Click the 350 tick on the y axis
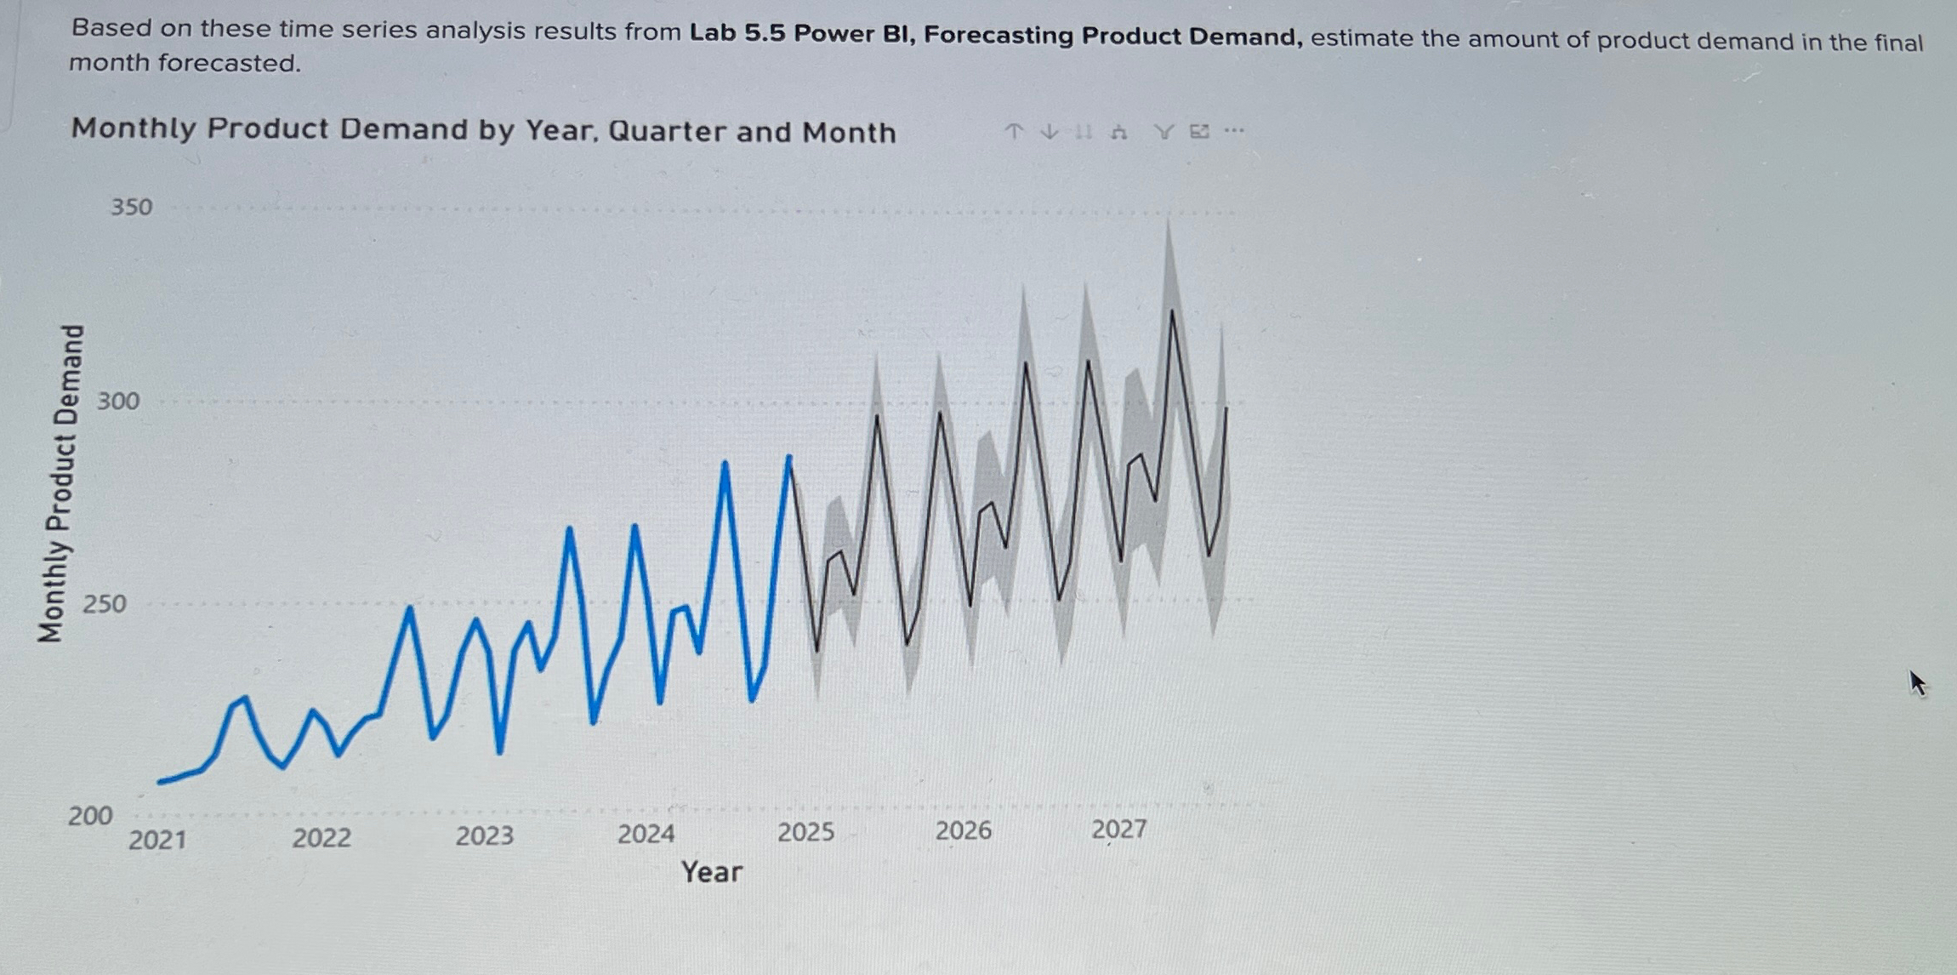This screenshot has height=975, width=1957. click(131, 207)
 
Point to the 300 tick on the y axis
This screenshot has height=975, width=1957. click(117, 401)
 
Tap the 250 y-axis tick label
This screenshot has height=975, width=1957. click(104, 604)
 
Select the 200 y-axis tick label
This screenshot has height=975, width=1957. click(90, 816)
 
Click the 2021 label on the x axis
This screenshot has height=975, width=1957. click(157, 840)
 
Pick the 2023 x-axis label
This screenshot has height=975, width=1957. click(484, 835)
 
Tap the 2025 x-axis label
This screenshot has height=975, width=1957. click(805, 831)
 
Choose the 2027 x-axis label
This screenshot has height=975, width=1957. click(1118, 829)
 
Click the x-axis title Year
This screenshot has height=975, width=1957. click(711, 872)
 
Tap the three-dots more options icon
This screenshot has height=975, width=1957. click(1234, 131)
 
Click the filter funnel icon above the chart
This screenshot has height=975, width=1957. click(1163, 131)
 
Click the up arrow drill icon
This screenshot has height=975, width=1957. click(1013, 131)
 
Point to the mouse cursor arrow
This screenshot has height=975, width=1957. click(1917, 682)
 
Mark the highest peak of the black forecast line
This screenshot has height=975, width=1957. click(1173, 311)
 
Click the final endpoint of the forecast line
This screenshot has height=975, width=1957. click(1226, 408)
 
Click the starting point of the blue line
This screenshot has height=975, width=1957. click(161, 781)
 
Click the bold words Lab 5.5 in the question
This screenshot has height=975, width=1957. click(737, 33)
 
